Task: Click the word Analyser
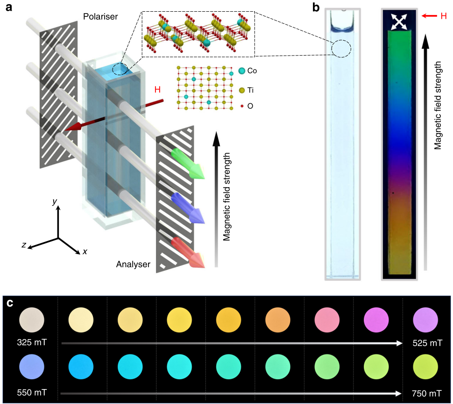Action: (x=133, y=265)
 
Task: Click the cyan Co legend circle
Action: (x=241, y=71)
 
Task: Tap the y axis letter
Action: (x=55, y=201)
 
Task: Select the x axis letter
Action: (x=85, y=251)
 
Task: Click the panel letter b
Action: (x=316, y=7)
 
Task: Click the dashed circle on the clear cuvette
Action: (x=341, y=48)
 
